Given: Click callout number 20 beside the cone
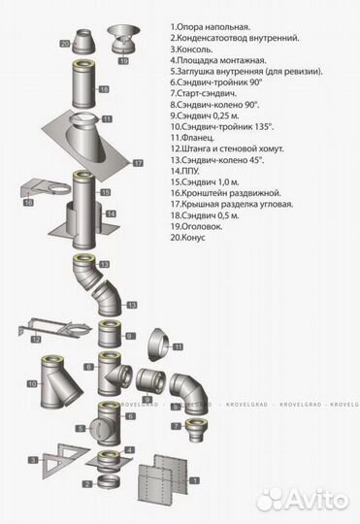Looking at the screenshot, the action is (65, 44).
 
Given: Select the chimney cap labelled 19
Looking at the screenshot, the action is (122, 39).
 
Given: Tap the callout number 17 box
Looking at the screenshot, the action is (138, 163).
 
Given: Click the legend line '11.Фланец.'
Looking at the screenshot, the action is (192, 138).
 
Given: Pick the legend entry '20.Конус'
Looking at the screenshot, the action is (188, 238).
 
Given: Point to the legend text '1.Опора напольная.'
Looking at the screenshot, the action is (211, 27).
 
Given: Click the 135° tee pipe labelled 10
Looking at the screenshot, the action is (60, 382).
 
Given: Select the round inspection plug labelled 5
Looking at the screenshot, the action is (97, 428).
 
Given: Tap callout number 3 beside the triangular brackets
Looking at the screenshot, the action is (33, 460).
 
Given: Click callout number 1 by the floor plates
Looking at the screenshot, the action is (194, 480).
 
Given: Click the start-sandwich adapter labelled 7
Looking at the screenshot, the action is (196, 429).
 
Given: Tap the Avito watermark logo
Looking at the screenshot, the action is (304, 500).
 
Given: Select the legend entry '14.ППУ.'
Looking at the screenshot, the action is (184, 171).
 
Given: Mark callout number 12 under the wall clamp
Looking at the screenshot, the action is (36, 340).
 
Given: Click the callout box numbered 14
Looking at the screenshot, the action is (111, 213).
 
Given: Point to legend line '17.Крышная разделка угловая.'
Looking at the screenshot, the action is (232, 204).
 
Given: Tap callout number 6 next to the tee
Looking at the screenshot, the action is (131, 416).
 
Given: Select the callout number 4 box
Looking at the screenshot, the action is (130, 450).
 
